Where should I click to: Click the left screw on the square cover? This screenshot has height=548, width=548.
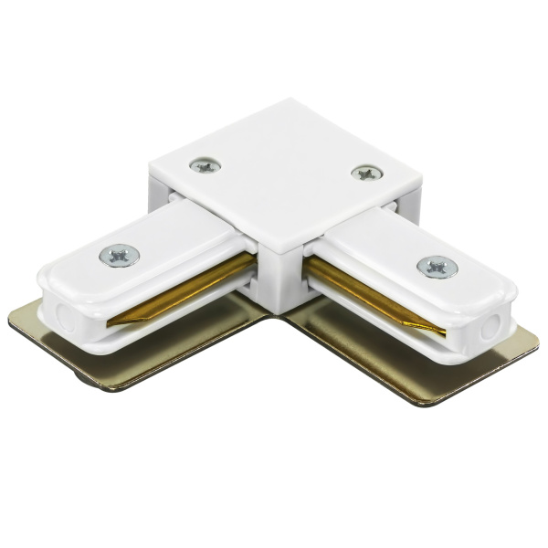click(205, 165)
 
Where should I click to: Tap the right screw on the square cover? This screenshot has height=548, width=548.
click(366, 172)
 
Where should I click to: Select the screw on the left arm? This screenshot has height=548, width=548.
click(120, 255)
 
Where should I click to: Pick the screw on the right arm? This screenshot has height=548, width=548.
click(437, 267)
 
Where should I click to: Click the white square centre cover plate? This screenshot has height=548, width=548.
click(283, 183)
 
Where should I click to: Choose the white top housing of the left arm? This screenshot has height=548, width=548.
click(155, 247)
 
